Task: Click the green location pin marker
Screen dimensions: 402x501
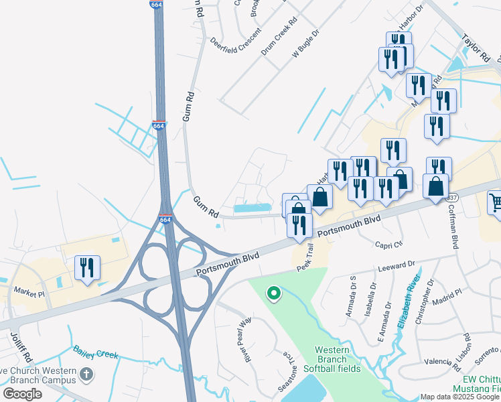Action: pyautogui.click(x=273, y=293)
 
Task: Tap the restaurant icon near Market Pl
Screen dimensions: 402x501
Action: pyautogui.click(x=87, y=269)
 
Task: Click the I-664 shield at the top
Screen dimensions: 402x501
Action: pyautogui.click(x=156, y=5)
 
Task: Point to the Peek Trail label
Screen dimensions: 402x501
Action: pyautogui.click(x=305, y=259)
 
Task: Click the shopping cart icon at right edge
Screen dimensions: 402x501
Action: pyautogui.click(x=494, y=202)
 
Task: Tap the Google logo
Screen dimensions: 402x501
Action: pyautogui.click(x=23, y=393)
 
